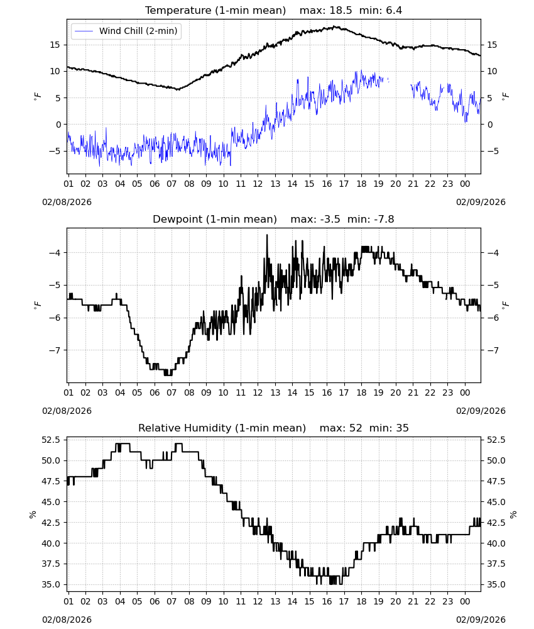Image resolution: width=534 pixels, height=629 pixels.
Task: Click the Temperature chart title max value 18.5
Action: pyautogui.click(x=341, y=11)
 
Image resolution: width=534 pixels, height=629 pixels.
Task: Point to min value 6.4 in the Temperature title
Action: pyautogui.click(x=394, y=11)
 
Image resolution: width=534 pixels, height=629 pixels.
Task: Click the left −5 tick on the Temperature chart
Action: pyautogui.click(x=55, y=151)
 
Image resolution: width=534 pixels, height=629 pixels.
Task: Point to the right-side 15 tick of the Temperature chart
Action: pyautogui.click(x=492, y=45)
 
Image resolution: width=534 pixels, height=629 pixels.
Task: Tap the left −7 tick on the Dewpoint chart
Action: pyautogui.click(x=55, y=350)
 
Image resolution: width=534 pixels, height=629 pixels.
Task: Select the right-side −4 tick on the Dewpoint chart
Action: pyautogui.click(x=493, y=253)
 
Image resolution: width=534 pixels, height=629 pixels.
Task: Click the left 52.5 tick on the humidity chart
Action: pyautogui.click(x=51, y=440)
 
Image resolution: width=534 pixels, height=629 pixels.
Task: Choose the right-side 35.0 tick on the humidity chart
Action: pyautogui.click(x=496, y=584)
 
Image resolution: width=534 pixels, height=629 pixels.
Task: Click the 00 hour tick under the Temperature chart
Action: pyautogui.click(x=465, y=184)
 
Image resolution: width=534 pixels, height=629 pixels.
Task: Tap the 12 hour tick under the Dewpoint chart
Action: pyautogui.click(x=258, y=392)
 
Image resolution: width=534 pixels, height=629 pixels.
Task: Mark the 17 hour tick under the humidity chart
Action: pyautogui.click(x=344, y=601)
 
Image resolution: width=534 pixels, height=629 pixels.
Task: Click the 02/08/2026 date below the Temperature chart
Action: pyautogui.click(x=67, y=202)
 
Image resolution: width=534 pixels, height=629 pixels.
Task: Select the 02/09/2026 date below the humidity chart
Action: pyautogui.click(x=481, y=620)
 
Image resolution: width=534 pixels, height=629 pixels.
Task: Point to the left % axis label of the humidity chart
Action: pyautogui.click(x=33, y=515)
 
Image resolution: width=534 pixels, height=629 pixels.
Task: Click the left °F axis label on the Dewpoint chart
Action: pyautogui.click(x=37, y=305)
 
